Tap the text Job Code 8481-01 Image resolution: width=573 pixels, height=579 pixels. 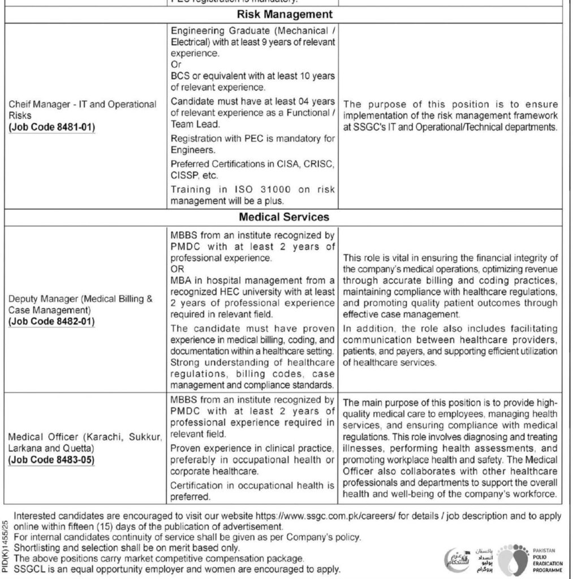click(53, 127)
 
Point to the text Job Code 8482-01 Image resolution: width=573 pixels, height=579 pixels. click(53, 322)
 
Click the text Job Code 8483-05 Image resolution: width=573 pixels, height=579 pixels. click(53, 459)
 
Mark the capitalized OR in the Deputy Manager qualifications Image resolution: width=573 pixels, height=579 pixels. click(176, 269)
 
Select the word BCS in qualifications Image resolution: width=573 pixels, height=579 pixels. click(180, 76)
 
